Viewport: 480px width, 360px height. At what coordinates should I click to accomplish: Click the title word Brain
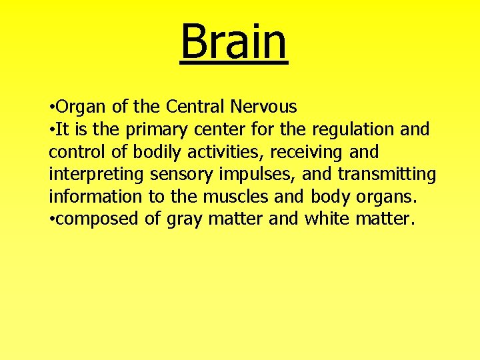point(234,41)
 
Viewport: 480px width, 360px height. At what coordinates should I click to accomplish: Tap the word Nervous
point(264,107)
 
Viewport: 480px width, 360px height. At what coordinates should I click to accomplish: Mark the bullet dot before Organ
point(52,107)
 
